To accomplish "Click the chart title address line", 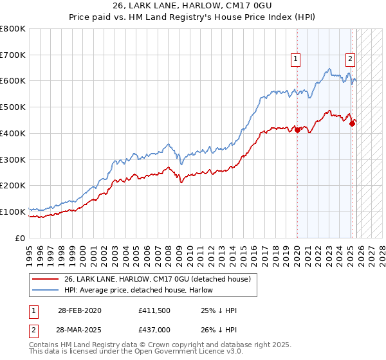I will tap(193, 6).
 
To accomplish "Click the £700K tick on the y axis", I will tap(13, 55).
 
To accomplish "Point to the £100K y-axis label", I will tap(13, 212).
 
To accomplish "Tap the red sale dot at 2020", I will tap(297, 130).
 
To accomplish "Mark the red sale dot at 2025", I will tap(352, 123).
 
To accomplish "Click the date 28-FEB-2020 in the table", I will tap(78, 310).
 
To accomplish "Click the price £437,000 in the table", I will tap(154, 328).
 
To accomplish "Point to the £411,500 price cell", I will tap(154, 310).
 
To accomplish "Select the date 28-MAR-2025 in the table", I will tap(78, 328).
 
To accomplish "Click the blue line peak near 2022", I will tap(328, 69).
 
